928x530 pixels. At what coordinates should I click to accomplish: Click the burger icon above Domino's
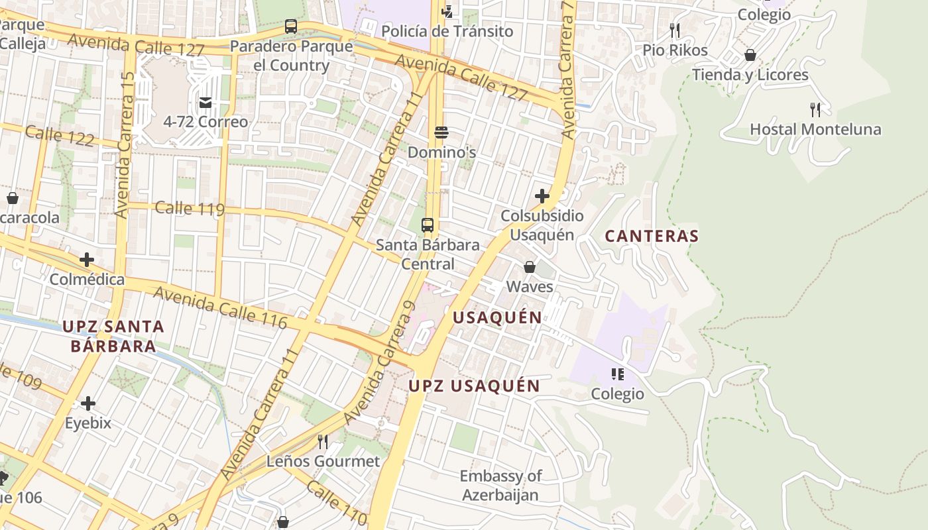pyautogui.click(x=441, y=132)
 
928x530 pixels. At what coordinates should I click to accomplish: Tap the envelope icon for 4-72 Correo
pyautogui.click(x=205, y=102)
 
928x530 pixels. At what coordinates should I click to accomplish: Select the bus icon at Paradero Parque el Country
pyautogui.click(x=291, y=26)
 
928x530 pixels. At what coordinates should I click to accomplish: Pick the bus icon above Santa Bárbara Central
pyautogui.click(x=428, y=225)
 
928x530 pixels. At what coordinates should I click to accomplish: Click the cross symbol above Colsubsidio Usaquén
pyautogui.click(x=542, y=196)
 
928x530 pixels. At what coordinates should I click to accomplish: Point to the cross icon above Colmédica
pyautogui.click(x=87, y=259)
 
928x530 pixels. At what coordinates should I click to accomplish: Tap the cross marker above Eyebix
pyautogui.click(x=87, y=403)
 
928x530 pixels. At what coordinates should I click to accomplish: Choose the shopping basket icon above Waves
pyautogui.click(x=530, y=267)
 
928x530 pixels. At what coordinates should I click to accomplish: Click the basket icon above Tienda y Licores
pyautogui.click(x=750, y=55)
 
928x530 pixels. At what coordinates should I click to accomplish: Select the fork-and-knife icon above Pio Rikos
pyautogui.click(x=675, y=30)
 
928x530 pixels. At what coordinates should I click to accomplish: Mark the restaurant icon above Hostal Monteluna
pyautogui.click(x=815, y=109)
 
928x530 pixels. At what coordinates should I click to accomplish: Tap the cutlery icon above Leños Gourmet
pyautogui.click(x=323, y=441)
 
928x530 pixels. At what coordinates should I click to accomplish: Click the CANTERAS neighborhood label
pyautogui.click(x=652, y=236)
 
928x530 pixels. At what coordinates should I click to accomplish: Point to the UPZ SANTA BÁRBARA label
pyautogui.click(x=113, y=336)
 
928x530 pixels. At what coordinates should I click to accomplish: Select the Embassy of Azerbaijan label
pyautogui.click(x=500, y=485)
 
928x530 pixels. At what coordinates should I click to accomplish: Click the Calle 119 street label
pyautogui.click(x=190, y=209)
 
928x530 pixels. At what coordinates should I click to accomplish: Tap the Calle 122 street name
pyautogui.click(x=60, y=136)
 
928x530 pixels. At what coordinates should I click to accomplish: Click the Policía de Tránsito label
pyautogui.click(x=447, y=31)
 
